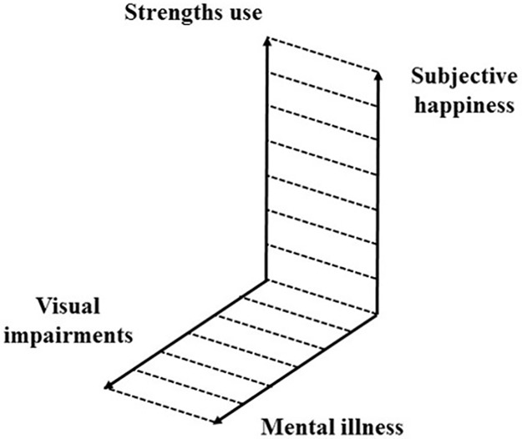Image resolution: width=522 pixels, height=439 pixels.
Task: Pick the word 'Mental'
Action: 295,426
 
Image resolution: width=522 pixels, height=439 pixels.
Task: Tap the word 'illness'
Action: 370,426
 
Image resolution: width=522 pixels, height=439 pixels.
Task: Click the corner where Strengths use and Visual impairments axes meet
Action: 266,280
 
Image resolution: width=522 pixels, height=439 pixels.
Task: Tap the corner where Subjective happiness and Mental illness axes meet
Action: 378,315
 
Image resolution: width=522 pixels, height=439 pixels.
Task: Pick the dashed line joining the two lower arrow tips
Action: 164,403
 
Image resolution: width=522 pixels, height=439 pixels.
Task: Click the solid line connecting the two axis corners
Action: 322,298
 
